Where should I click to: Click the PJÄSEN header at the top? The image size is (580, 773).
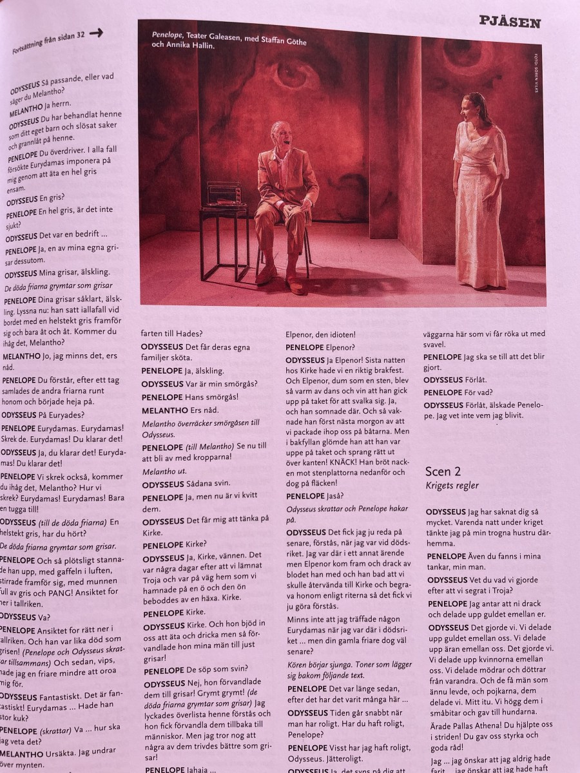point(510,23)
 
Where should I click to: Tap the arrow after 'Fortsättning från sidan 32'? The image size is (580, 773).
point(96,35)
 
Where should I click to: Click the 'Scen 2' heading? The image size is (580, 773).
point(444,472)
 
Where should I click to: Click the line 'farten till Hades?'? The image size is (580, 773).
point(172,334)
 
